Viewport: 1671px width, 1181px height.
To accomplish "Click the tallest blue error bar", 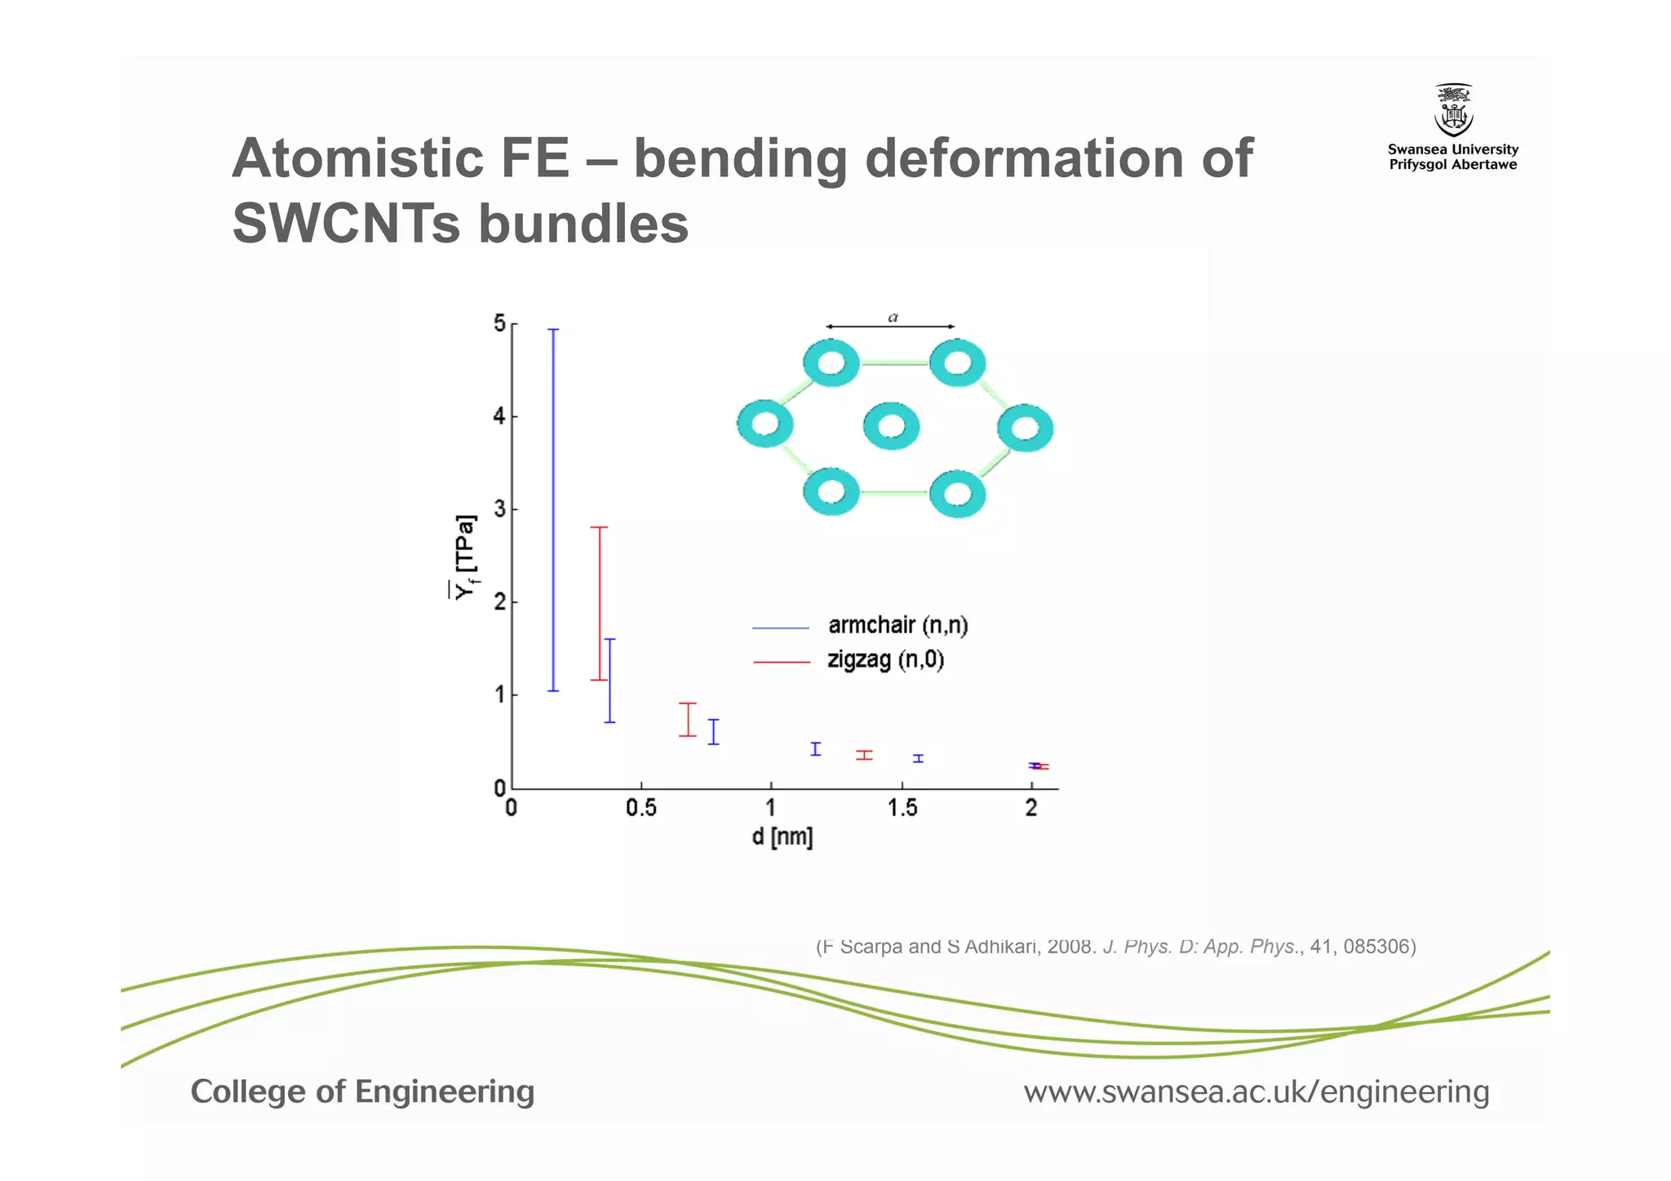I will coord(553,510).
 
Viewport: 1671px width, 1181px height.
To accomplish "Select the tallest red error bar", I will coord(600,603).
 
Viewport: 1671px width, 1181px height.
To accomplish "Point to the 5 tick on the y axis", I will coord(500,324).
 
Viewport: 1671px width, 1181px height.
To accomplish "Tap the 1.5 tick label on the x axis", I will coord(902,808).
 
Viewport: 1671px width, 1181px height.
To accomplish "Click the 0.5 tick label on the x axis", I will coord(641,808).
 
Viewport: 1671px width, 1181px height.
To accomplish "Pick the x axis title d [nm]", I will coord(782,837).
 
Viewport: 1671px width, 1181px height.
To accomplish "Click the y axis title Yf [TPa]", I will coord(466,557).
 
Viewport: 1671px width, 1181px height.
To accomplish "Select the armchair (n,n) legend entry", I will coord(898,626).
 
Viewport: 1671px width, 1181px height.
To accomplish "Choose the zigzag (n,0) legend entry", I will coord(885,659).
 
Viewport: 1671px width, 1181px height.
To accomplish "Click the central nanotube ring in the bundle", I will coord(891,426).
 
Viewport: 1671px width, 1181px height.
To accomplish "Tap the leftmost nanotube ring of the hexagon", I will coord(765,424).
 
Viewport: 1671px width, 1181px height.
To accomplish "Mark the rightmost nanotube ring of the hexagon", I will coord(1026,428).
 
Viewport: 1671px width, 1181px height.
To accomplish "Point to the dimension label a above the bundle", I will coord(893,317).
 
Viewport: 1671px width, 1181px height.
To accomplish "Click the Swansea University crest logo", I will coord(1453,110).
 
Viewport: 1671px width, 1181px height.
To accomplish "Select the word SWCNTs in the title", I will coord(347,223).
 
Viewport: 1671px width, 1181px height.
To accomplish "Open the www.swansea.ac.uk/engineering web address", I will coord(1257,1092).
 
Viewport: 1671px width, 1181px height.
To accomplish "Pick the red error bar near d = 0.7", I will coord(688,719).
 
